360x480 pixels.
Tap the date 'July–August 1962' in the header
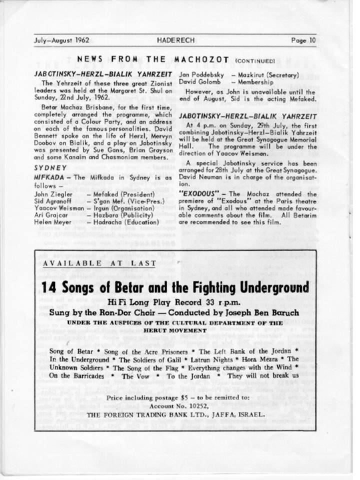[x=61, y=40]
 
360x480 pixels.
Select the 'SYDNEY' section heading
[x=50, y=167]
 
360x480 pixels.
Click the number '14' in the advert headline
[x=49, y=288]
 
